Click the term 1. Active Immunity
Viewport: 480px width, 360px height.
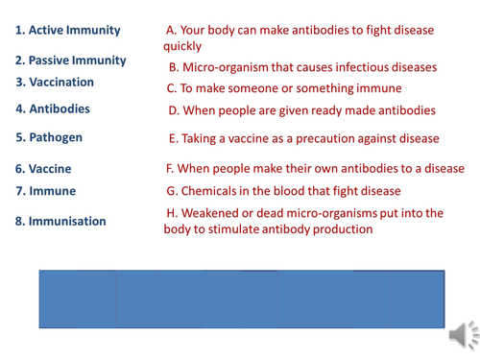[66, 31]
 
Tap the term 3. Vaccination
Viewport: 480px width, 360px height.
[54, 83]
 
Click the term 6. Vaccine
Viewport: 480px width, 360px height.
[44, 169]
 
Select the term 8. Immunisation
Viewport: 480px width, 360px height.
[60, 221]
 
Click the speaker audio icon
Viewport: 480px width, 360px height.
[463, 331]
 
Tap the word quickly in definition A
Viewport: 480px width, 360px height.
[182, 45]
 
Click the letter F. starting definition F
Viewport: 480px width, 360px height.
[169, 169]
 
